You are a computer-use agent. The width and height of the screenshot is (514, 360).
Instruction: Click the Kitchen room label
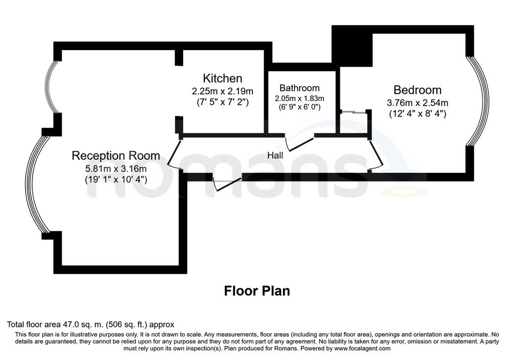click(x=222, y=78)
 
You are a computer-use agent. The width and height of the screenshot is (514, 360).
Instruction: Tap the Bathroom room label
click(x=299, y=88)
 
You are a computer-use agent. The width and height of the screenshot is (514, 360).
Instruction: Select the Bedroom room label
click(x=417, y=90)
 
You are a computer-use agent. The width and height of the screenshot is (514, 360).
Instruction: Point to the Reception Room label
click(x=116, y=156)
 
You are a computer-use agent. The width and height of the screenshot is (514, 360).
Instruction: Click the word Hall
click(x=275, y=155)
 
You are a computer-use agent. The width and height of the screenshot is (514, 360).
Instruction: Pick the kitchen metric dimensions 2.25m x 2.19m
click(x=222, y=91)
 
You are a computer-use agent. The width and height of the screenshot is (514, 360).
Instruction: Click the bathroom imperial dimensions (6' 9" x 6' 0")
click(x=299, y=106)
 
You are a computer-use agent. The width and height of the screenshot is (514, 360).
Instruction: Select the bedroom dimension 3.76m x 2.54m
click(x=417, y=102)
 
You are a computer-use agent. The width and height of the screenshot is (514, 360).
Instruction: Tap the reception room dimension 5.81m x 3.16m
click(x=116, y=169)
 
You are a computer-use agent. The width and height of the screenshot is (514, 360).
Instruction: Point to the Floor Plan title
click(x=257, y=291)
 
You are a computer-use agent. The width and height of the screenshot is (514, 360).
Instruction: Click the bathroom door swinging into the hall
click(x=299, y=144)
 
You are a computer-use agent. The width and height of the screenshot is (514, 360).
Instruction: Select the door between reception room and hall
click(x=174, y=154)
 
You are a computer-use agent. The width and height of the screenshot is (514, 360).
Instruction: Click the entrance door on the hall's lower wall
click(x=227, y=184)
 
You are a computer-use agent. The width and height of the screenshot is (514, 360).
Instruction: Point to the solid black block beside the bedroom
click(x=352, y=46)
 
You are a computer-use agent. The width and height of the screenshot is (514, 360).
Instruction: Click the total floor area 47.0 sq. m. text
click(x=91, y=324)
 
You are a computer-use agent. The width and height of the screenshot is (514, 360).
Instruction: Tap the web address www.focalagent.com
click(x=362, y=348)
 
